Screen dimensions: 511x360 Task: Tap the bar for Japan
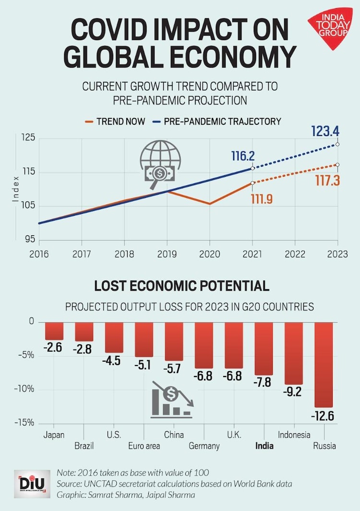[54, 331]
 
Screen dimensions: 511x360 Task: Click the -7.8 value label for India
[264, 382]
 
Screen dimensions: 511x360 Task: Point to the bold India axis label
[264, 446]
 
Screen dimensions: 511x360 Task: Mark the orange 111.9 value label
[262, 198]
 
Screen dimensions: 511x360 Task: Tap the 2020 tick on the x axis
[209, 254]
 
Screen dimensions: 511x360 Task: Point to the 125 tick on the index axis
[29, 138]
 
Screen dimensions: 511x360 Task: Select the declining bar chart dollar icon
[171, 399]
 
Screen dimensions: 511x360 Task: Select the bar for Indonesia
[293, 353]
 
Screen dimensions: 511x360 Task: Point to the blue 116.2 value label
[242, 157]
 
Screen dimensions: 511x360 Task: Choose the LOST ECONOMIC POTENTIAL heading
[181, 286]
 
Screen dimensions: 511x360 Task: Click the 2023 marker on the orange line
[338, 165]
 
